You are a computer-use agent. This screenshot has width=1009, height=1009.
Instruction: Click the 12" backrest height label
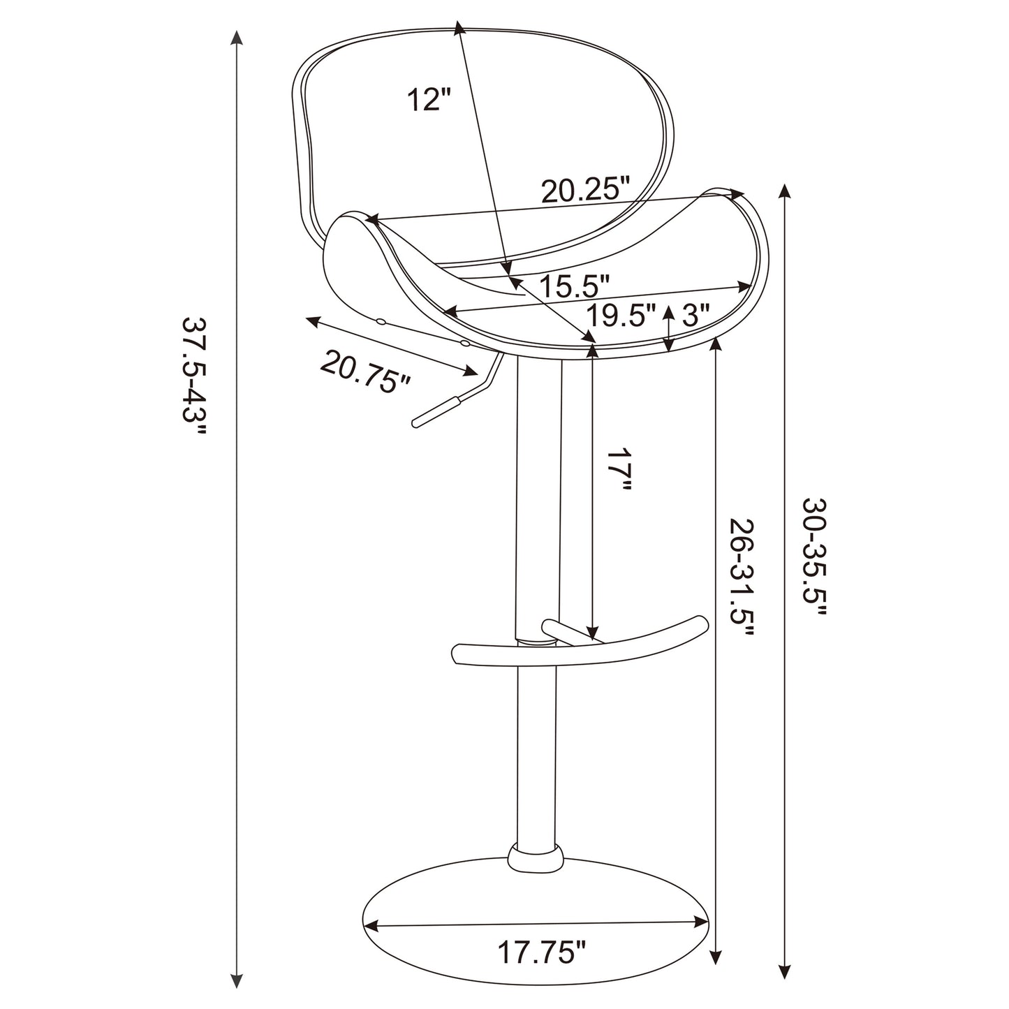(x=429, y=100)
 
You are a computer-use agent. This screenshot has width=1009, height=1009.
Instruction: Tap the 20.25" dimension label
(x=586, y=190)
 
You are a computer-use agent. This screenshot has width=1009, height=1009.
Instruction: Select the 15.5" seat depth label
(x=575, y=286)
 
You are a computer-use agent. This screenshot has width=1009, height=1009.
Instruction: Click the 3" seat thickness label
(x=695, y=316)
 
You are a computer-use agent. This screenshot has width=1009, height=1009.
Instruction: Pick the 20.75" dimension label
(x=365, y=372)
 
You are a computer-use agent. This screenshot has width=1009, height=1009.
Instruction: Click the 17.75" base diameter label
(x=541, y=952)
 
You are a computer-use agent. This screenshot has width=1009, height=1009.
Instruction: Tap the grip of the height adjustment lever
(x=434, y=411)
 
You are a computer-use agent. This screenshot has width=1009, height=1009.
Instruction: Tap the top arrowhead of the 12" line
(x=459, y=28)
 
